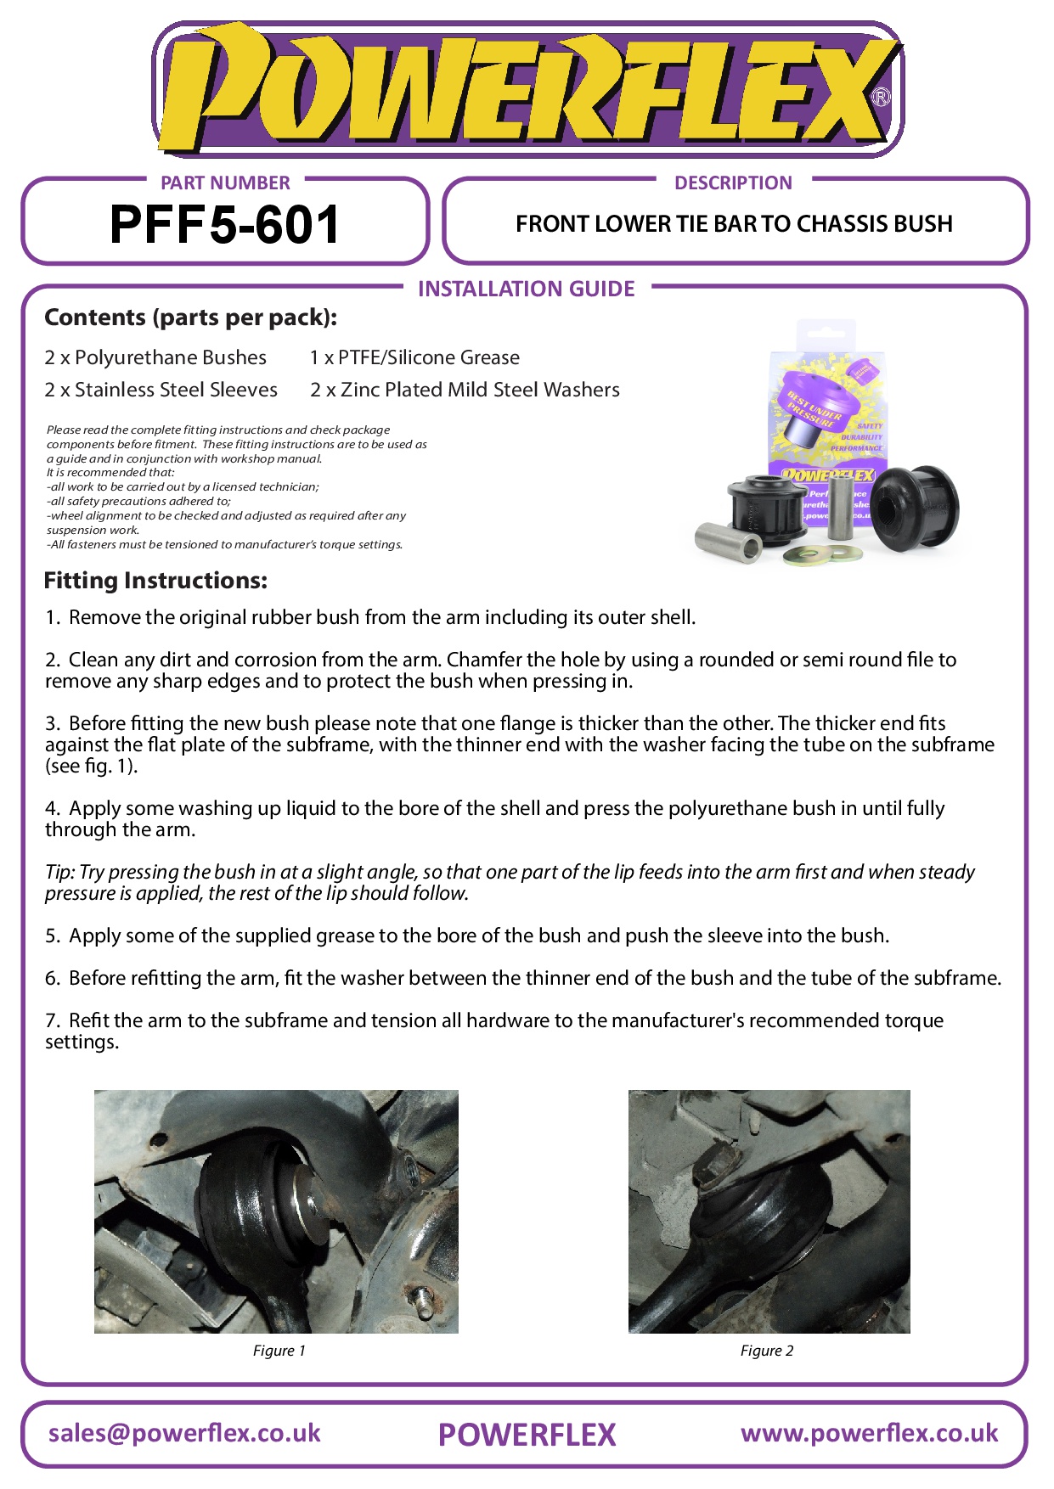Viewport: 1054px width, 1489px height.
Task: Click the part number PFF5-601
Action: pos(225,225)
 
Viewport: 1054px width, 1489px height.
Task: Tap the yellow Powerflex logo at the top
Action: pos(527,89)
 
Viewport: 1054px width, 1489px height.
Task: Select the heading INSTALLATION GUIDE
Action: pos(526,289)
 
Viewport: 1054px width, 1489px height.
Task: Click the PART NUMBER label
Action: pos(225,183)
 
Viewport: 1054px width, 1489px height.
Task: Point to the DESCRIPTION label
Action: pos(733,183)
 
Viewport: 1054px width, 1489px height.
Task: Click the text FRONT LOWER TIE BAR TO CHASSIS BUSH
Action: pos(734,224)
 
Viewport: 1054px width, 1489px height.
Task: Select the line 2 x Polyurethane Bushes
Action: pos(155,357)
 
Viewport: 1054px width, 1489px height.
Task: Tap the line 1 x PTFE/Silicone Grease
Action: pos(414,357)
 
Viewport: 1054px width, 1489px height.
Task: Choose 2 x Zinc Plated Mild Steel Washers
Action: pos(465,390)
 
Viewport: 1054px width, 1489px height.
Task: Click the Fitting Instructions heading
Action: pos(155,581)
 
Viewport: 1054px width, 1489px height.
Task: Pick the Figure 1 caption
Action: pos(279,1351)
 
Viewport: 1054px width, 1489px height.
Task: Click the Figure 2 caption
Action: pos(766,1351)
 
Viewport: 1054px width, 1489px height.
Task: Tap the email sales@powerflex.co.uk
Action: pos(184,1433)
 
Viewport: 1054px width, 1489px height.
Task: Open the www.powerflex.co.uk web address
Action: pos(869,1433)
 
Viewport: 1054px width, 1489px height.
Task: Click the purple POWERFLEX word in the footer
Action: pos(527,1435)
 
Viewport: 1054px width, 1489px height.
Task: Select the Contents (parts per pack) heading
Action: pos(190,317)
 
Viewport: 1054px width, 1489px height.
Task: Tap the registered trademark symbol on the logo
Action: pos(882,97)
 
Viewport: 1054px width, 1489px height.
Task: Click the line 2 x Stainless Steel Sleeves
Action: pos(161,390)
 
